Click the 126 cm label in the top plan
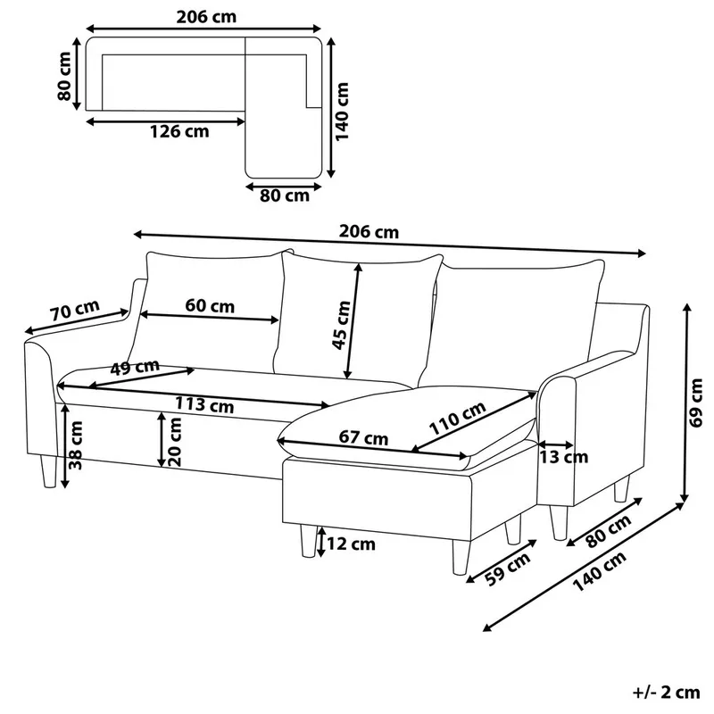tap(179, 131)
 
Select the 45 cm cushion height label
tap(342, 325)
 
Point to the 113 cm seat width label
tap(204, 404)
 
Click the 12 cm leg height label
tap(351, 544)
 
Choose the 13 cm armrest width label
tap(564, 457)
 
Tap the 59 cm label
tap(507, 569)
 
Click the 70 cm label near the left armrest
tap(75, 310)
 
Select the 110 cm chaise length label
tap(458, 418)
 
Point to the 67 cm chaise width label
tap(363, 437)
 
